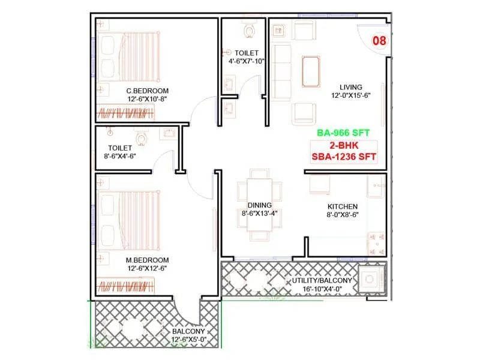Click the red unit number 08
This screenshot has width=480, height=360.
click(x=379, y=41)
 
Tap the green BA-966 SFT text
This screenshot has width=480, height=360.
click(x=344, y=134)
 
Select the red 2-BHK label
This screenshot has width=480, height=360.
click(x=344, y=146)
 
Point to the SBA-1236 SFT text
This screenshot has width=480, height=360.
click(x=344, y=157)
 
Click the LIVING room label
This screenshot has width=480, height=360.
click(x=351, y=86)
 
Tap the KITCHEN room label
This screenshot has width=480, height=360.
click(x=343, y=206)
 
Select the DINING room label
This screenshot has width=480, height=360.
click(x=259, y=205)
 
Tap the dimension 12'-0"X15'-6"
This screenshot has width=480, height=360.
click(x=351, y=95)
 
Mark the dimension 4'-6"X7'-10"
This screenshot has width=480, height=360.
click(x=247, y=61)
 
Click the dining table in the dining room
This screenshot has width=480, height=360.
click(x=259, y=205)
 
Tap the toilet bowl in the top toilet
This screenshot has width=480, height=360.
click(x=250, y=30)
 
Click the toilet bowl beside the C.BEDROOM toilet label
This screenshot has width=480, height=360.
click(x=142, y=139)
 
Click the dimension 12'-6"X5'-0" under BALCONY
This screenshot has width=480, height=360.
click(x=188, y=340)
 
